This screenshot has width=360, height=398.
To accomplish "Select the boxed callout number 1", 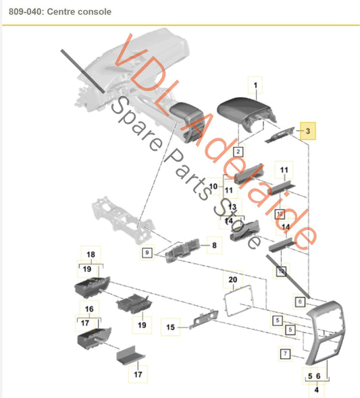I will (256, 85).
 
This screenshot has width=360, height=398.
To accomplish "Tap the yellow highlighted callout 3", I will (307, 132).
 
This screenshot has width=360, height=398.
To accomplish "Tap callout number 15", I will (171, 327).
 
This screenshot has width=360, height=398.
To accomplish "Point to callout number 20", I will (233, 279).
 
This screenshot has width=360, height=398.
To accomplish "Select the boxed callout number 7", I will (285, 353).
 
